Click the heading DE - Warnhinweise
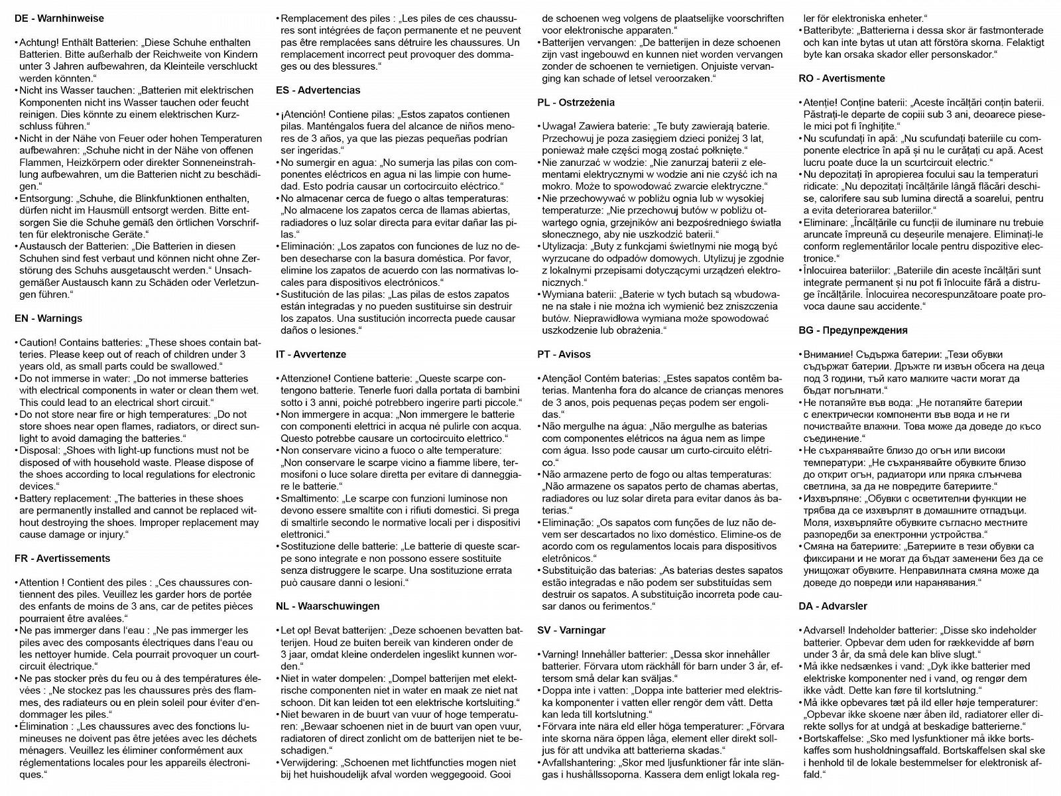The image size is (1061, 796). point(59,19)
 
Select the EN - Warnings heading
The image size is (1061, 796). point(48,318)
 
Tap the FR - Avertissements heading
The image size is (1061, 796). point(62,559)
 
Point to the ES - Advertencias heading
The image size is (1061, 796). point(319,90)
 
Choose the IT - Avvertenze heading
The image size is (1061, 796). point(311,354)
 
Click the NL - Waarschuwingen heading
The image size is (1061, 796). point(328,606)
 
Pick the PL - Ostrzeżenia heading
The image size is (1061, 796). point(576,102)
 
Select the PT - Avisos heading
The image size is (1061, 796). point(564,354)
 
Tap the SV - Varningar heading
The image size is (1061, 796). point(571,630)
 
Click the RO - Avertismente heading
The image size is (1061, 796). point(842,78)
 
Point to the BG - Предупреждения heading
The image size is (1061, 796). point(853,330)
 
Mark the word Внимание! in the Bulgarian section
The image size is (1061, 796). point(825,354)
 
